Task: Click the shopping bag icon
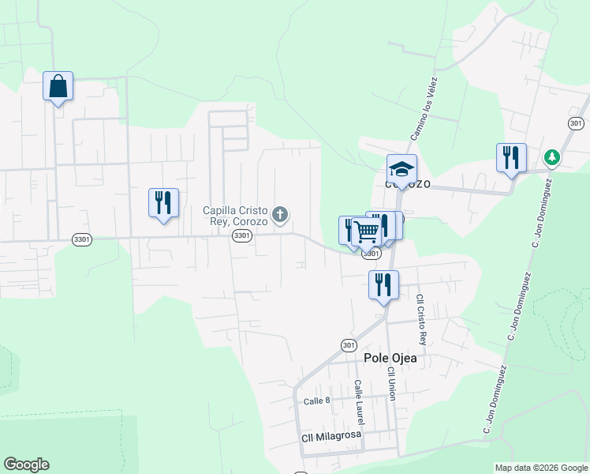(x=58, y=85)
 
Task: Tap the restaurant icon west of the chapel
(x=163, y=202)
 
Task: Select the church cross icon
(x=279, y=214)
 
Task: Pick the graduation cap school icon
(x=401, y=169)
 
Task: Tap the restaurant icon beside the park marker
(x=511, y=157)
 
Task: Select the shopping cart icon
(x=367, y=231)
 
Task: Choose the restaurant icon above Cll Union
(x=383, y=284)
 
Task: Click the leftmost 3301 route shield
(x=80, y=239)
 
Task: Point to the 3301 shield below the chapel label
(x=242, y=236)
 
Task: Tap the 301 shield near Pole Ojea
(x=349, y=345)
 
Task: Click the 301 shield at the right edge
(x=576, y=123)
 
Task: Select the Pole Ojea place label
(x=390, y=358)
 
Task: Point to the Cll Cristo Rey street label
(x=421, y=320)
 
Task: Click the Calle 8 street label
(x=317, y=401)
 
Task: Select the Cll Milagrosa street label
(x=331, y=436)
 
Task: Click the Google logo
(x=26, y=465)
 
